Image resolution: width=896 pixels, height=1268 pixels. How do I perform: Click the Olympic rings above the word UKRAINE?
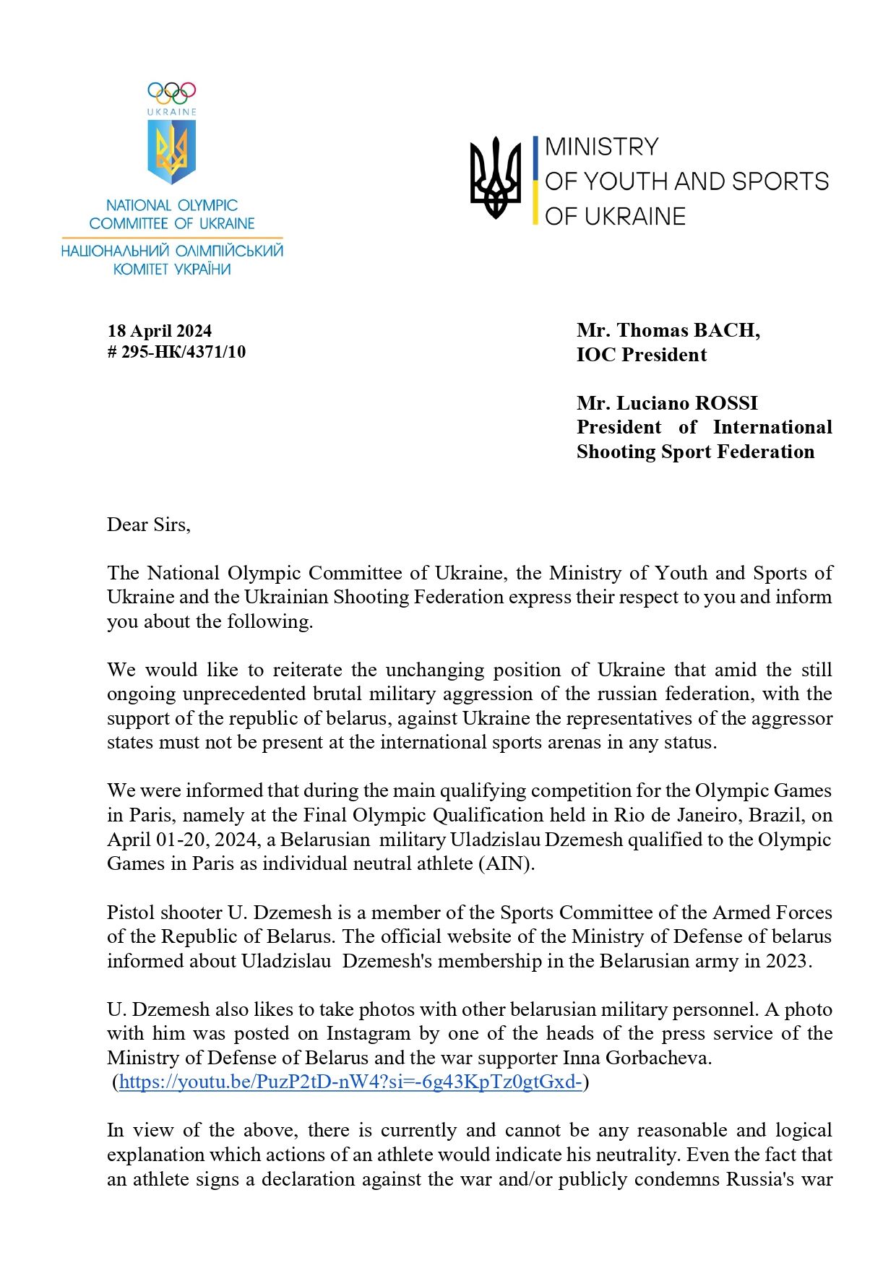(172, 92)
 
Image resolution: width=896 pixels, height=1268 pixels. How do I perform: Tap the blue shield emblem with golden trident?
(172, 151)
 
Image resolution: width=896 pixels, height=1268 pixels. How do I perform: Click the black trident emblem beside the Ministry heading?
(496, 178)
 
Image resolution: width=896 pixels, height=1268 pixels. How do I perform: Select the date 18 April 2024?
(160, 331)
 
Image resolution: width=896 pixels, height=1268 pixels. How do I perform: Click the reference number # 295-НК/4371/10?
(176, 352)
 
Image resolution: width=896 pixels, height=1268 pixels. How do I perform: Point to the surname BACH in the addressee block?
(725, 330)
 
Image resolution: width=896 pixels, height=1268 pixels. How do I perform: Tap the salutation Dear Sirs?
(149, 525)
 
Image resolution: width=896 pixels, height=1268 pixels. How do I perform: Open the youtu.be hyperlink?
(350, 1082)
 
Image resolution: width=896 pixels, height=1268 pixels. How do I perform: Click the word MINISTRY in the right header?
(602, 147)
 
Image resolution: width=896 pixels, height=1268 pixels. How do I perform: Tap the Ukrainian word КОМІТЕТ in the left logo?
(141, 269)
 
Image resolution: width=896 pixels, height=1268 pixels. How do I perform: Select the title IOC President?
(642, 355)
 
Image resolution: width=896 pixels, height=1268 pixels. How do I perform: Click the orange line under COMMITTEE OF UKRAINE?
(172, 238)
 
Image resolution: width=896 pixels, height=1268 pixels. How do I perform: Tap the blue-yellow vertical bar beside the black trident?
(535, 180)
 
